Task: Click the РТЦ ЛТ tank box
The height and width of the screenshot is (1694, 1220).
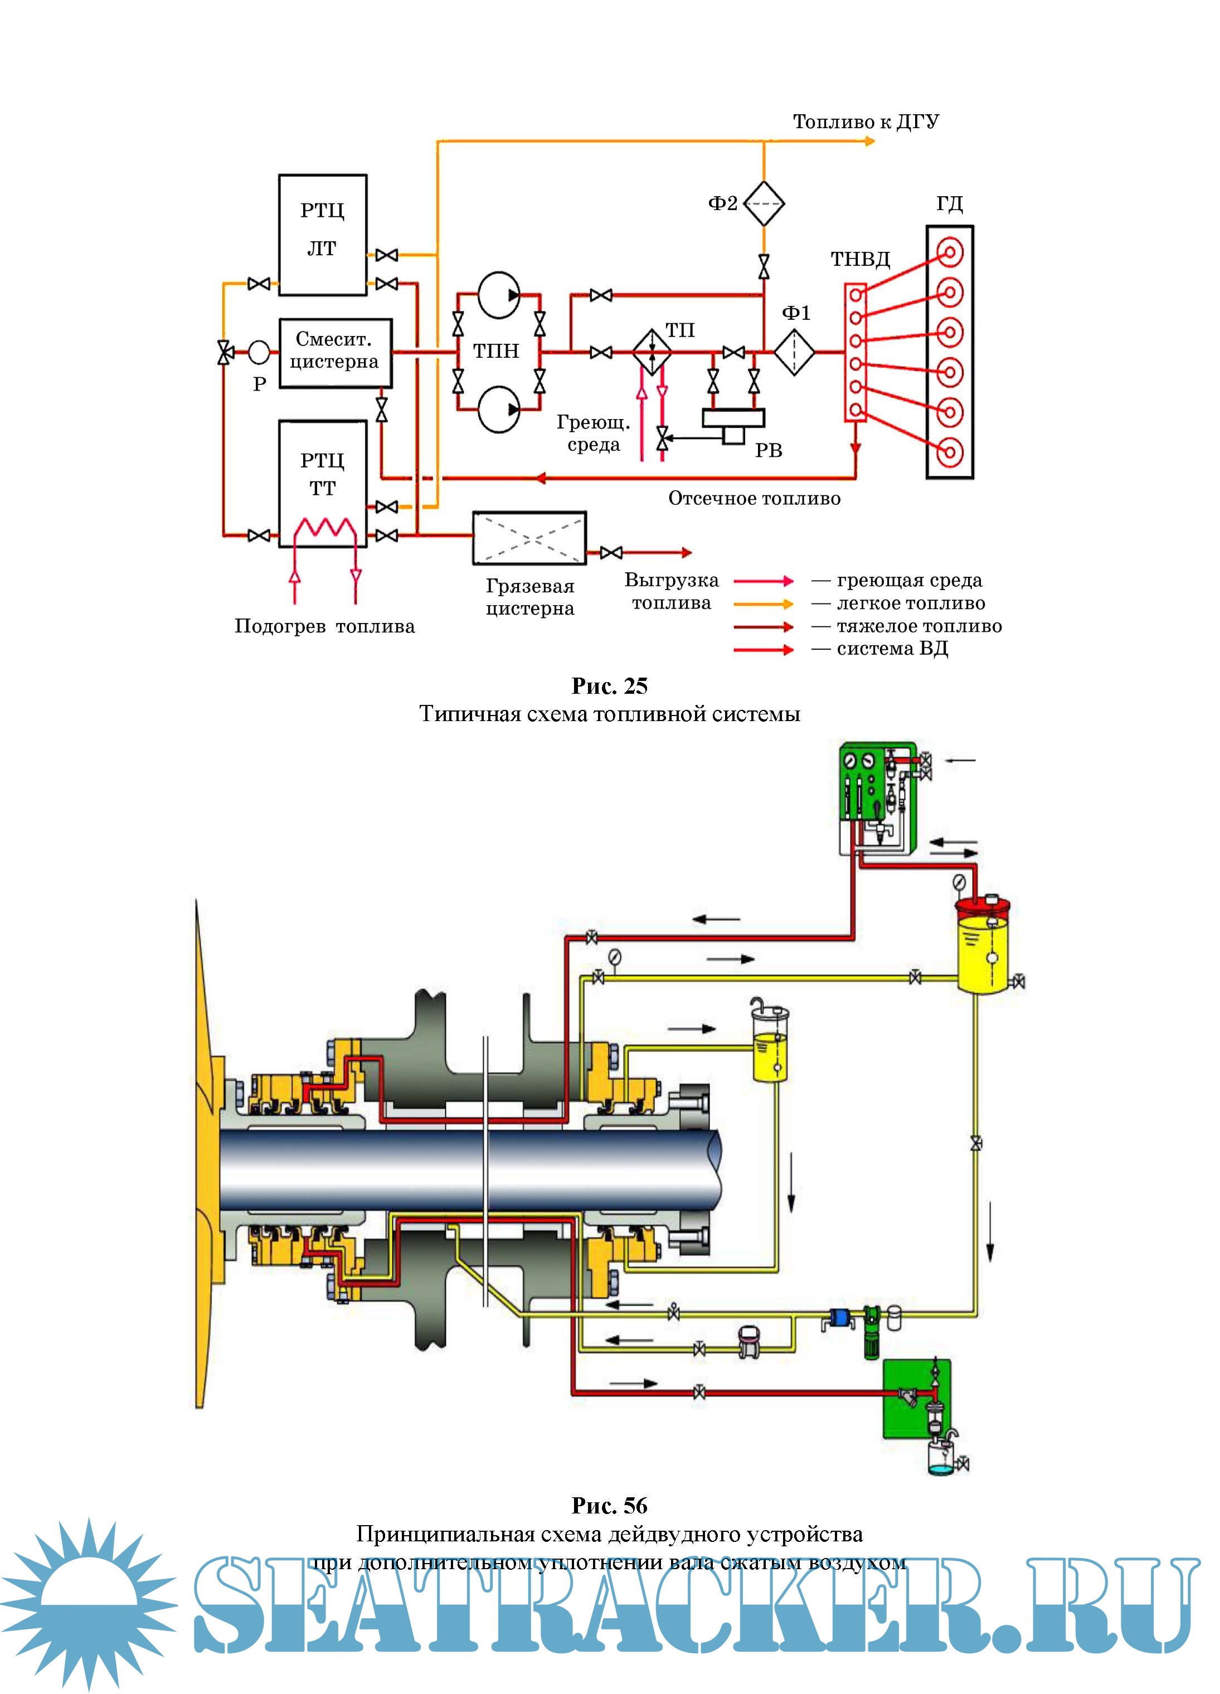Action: point(322,235)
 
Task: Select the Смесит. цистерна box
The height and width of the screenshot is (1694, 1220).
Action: point(335,353)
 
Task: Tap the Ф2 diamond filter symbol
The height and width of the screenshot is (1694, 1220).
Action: point(764,203)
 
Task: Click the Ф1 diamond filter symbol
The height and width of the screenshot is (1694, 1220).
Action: point(794,352)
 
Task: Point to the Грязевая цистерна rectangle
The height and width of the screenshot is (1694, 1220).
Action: point(529,538)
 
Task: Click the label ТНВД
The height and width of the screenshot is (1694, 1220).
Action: point(860,259)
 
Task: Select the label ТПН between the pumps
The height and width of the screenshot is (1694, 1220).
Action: point(495,351)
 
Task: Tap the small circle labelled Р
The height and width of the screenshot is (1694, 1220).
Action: point(259,351)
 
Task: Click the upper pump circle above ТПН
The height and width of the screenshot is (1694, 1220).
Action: point(498,294)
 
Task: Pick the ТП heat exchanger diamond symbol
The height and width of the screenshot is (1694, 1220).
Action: point(652,351)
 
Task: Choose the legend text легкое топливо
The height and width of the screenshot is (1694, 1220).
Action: point(910,603)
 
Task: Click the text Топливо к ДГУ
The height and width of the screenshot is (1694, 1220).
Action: point(865,121)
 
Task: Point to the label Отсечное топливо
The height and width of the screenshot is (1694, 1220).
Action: point(754,498)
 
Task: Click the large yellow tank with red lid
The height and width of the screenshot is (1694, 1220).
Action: point(983,947)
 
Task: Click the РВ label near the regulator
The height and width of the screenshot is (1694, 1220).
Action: point(768,450)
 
